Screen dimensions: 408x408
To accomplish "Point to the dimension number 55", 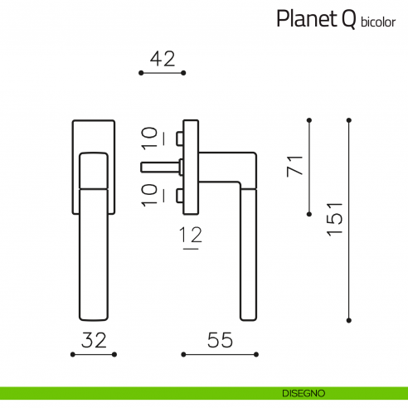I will pyautogui.click(x=219, y=339).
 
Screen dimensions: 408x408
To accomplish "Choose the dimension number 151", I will pyautogui.click(x=333, y=219).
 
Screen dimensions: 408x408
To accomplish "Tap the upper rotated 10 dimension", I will pyautogui.click(x=149, y=138).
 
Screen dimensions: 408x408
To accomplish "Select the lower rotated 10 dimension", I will pyautogui.click(x=149, y=196).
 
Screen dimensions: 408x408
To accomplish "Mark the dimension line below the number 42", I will pyautogui.click(x=163, y=74).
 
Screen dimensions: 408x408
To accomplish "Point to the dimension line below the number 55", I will pyautogui.click(x=219, y=355).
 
